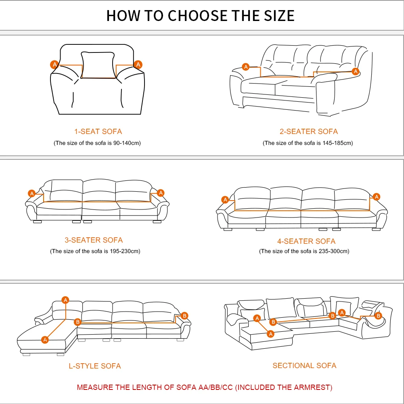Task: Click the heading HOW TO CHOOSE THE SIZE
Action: pos(201,15)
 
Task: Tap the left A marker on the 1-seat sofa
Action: pos(54,64)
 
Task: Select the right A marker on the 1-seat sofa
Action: pos(138,64)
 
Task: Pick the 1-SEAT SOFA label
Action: pos(98,131)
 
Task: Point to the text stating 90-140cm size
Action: pos(97,143)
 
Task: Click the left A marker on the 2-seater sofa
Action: pos(245,67)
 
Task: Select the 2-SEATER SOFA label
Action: pos(309,131)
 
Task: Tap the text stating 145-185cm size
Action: pos(308,143)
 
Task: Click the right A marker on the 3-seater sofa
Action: pos(161,193)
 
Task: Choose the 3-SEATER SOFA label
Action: pos(94,240)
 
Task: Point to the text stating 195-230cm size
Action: pos(95,251)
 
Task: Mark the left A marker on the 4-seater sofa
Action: pos(225,199)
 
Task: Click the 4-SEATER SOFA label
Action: pos(306,241)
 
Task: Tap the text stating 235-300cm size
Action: pos(304,251)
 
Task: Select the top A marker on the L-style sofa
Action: pos(65,300)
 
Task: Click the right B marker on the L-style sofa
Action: pos(184,315)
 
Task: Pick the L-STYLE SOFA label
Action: pos(94,366)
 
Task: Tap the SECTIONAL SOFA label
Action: pos(304,365)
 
